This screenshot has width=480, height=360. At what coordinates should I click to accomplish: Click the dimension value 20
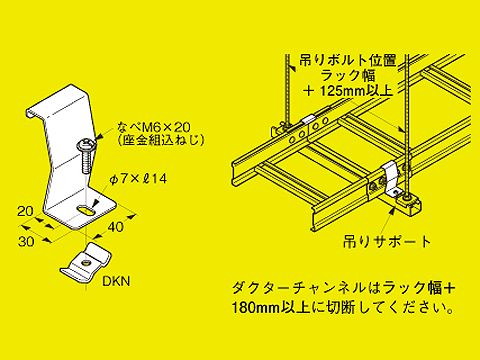tap(26, 211)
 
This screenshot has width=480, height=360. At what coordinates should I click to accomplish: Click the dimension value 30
tap(26, 241)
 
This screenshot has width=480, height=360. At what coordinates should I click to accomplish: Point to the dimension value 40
tap(116, 227)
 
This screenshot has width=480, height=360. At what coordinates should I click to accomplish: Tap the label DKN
tap(116, 281)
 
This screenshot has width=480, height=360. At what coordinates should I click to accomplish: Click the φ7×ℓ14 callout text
tap(138, 179)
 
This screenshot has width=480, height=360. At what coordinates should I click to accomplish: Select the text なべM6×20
tap(154, 127)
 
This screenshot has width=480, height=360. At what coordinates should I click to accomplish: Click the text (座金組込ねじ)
tap(161, 140)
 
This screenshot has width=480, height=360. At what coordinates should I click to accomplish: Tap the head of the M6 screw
tap(87, 146)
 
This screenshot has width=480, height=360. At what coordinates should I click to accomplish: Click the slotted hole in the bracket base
tap(86, 211)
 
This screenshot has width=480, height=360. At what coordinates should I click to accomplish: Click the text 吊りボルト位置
tap(348, 61)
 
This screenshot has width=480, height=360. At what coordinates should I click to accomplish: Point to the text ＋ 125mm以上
tap(349, 91)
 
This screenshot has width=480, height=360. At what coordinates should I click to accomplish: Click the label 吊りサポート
tap(387, 242)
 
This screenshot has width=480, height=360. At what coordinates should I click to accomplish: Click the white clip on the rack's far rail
tap(310, 119)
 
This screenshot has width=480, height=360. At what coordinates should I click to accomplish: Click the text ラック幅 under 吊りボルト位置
tap(348, 76)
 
